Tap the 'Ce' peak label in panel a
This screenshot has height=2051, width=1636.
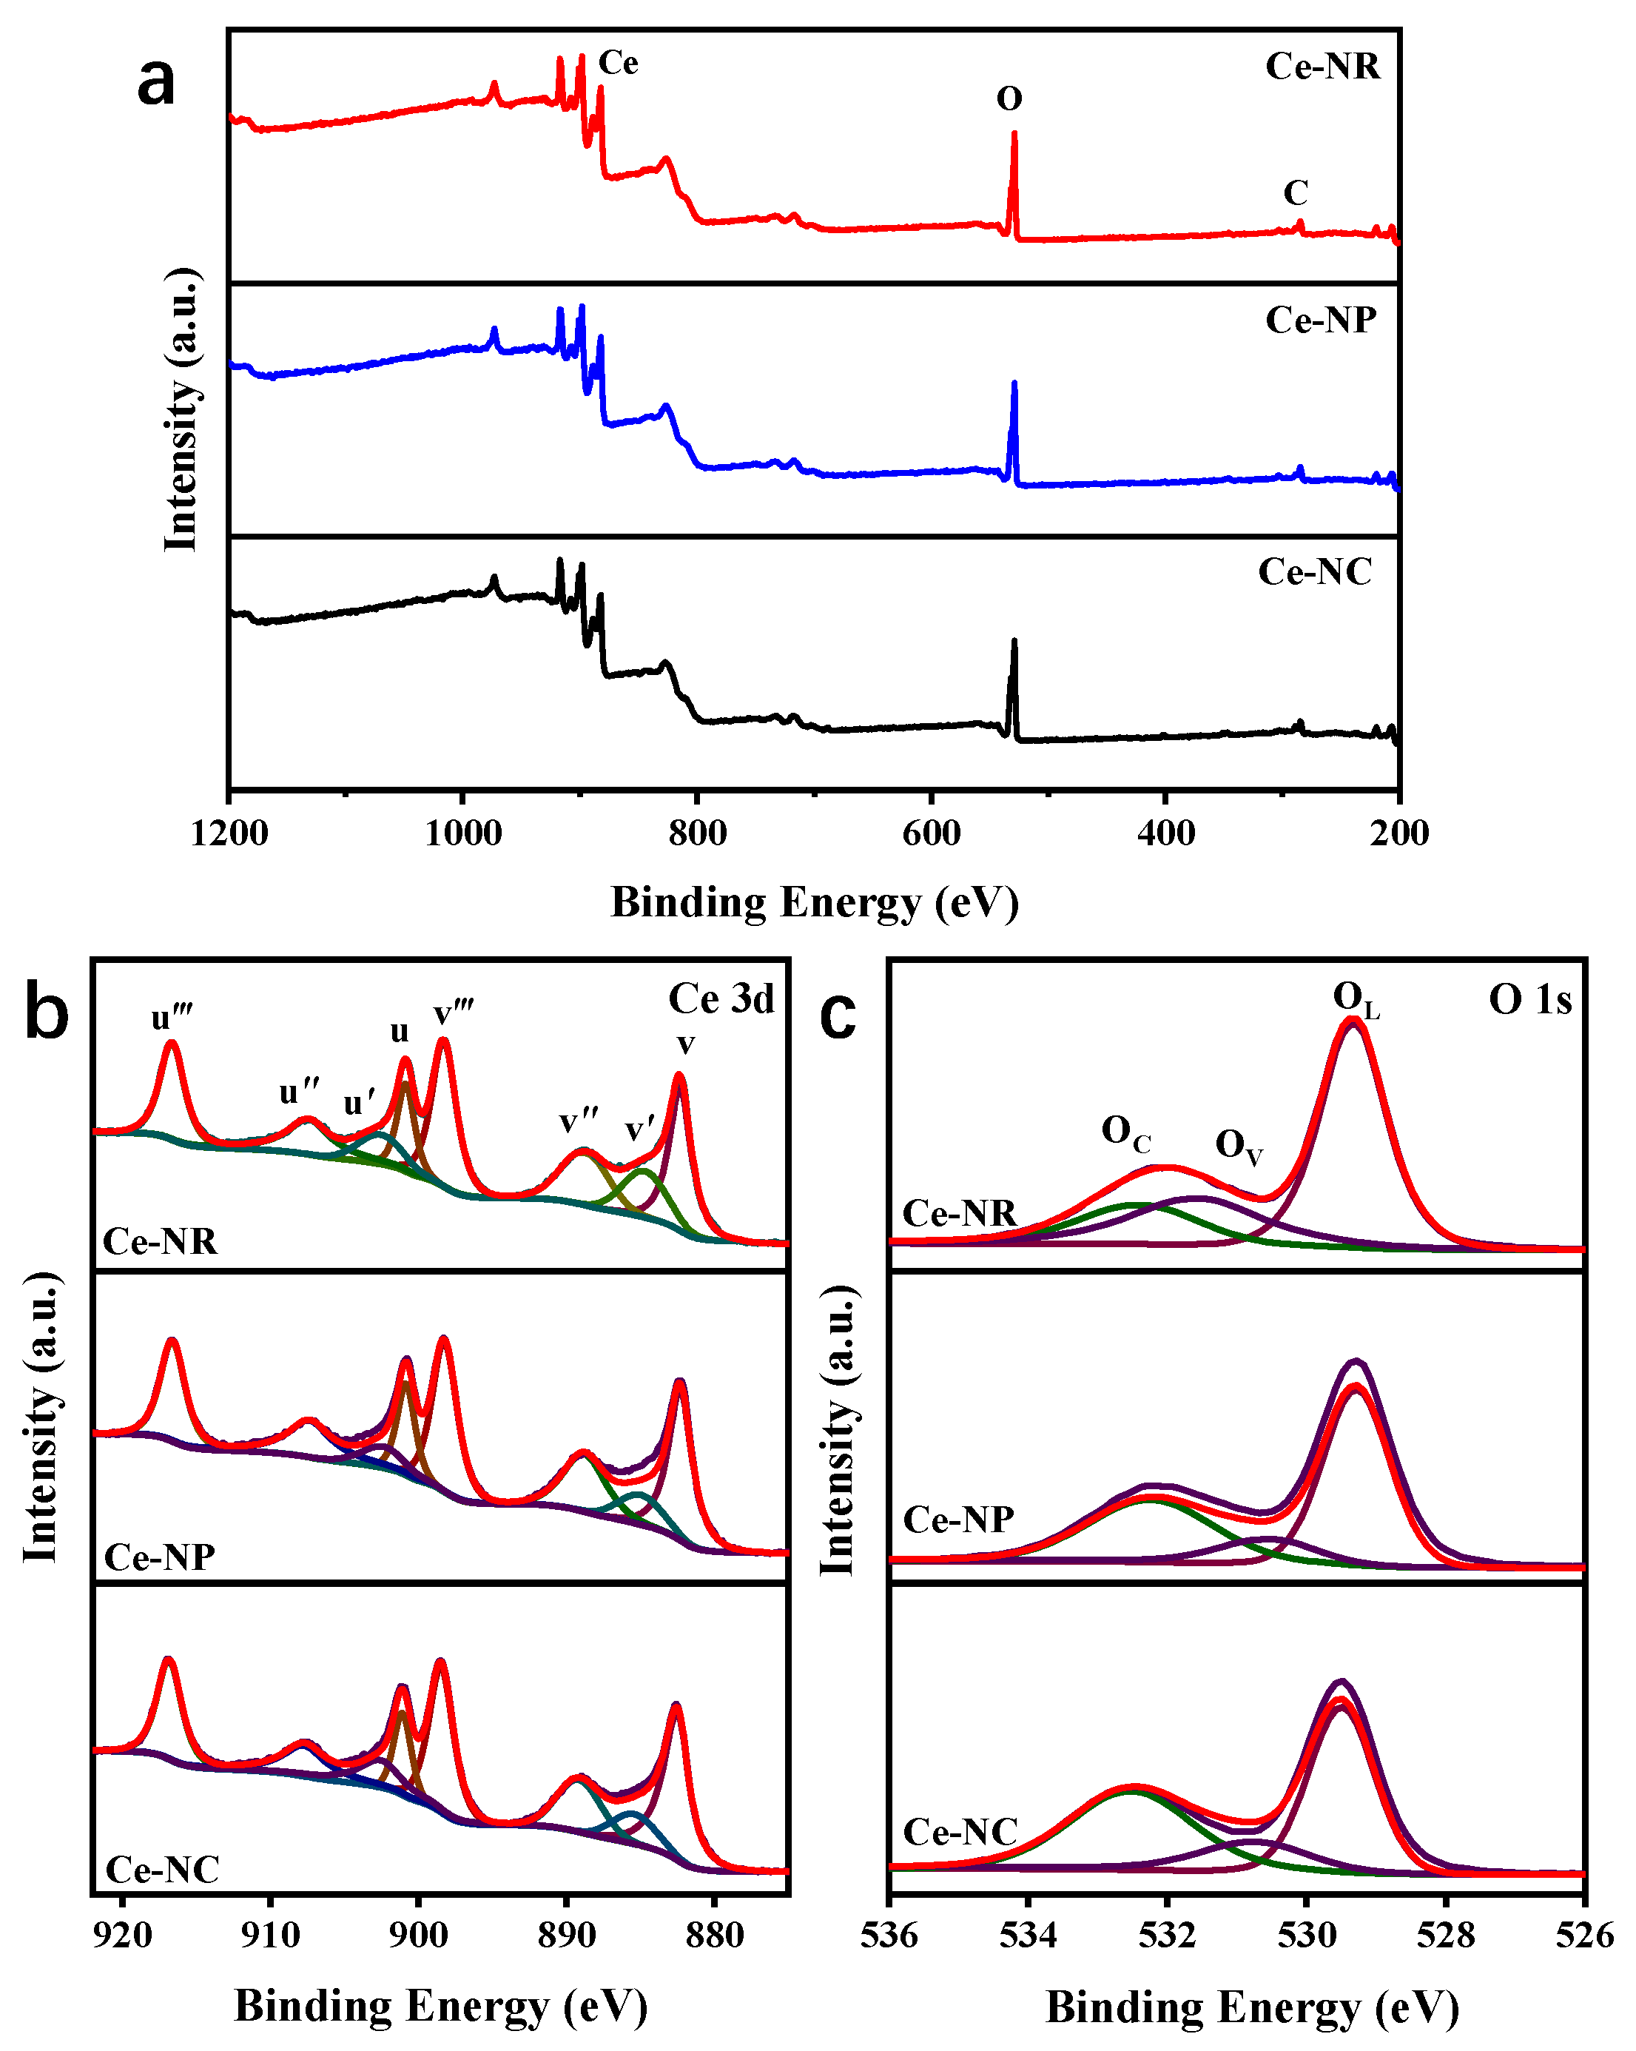(x=619, y=63)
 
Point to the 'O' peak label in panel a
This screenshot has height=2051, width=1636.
(x=1009, y=99)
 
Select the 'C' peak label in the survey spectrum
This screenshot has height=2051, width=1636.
(x=1296, y=193)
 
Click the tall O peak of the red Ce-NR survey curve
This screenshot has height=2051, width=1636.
(x=1014, y=138)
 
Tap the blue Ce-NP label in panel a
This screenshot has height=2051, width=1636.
(x=1320, y=320)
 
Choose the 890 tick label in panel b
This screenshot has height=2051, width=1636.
(x=567, y=1935)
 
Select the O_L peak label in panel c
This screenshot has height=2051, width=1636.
(x=1356, y=1000)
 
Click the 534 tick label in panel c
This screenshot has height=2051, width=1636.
(x=1027, y=1935)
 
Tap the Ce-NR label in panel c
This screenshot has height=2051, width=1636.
(x=960, y=1214)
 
